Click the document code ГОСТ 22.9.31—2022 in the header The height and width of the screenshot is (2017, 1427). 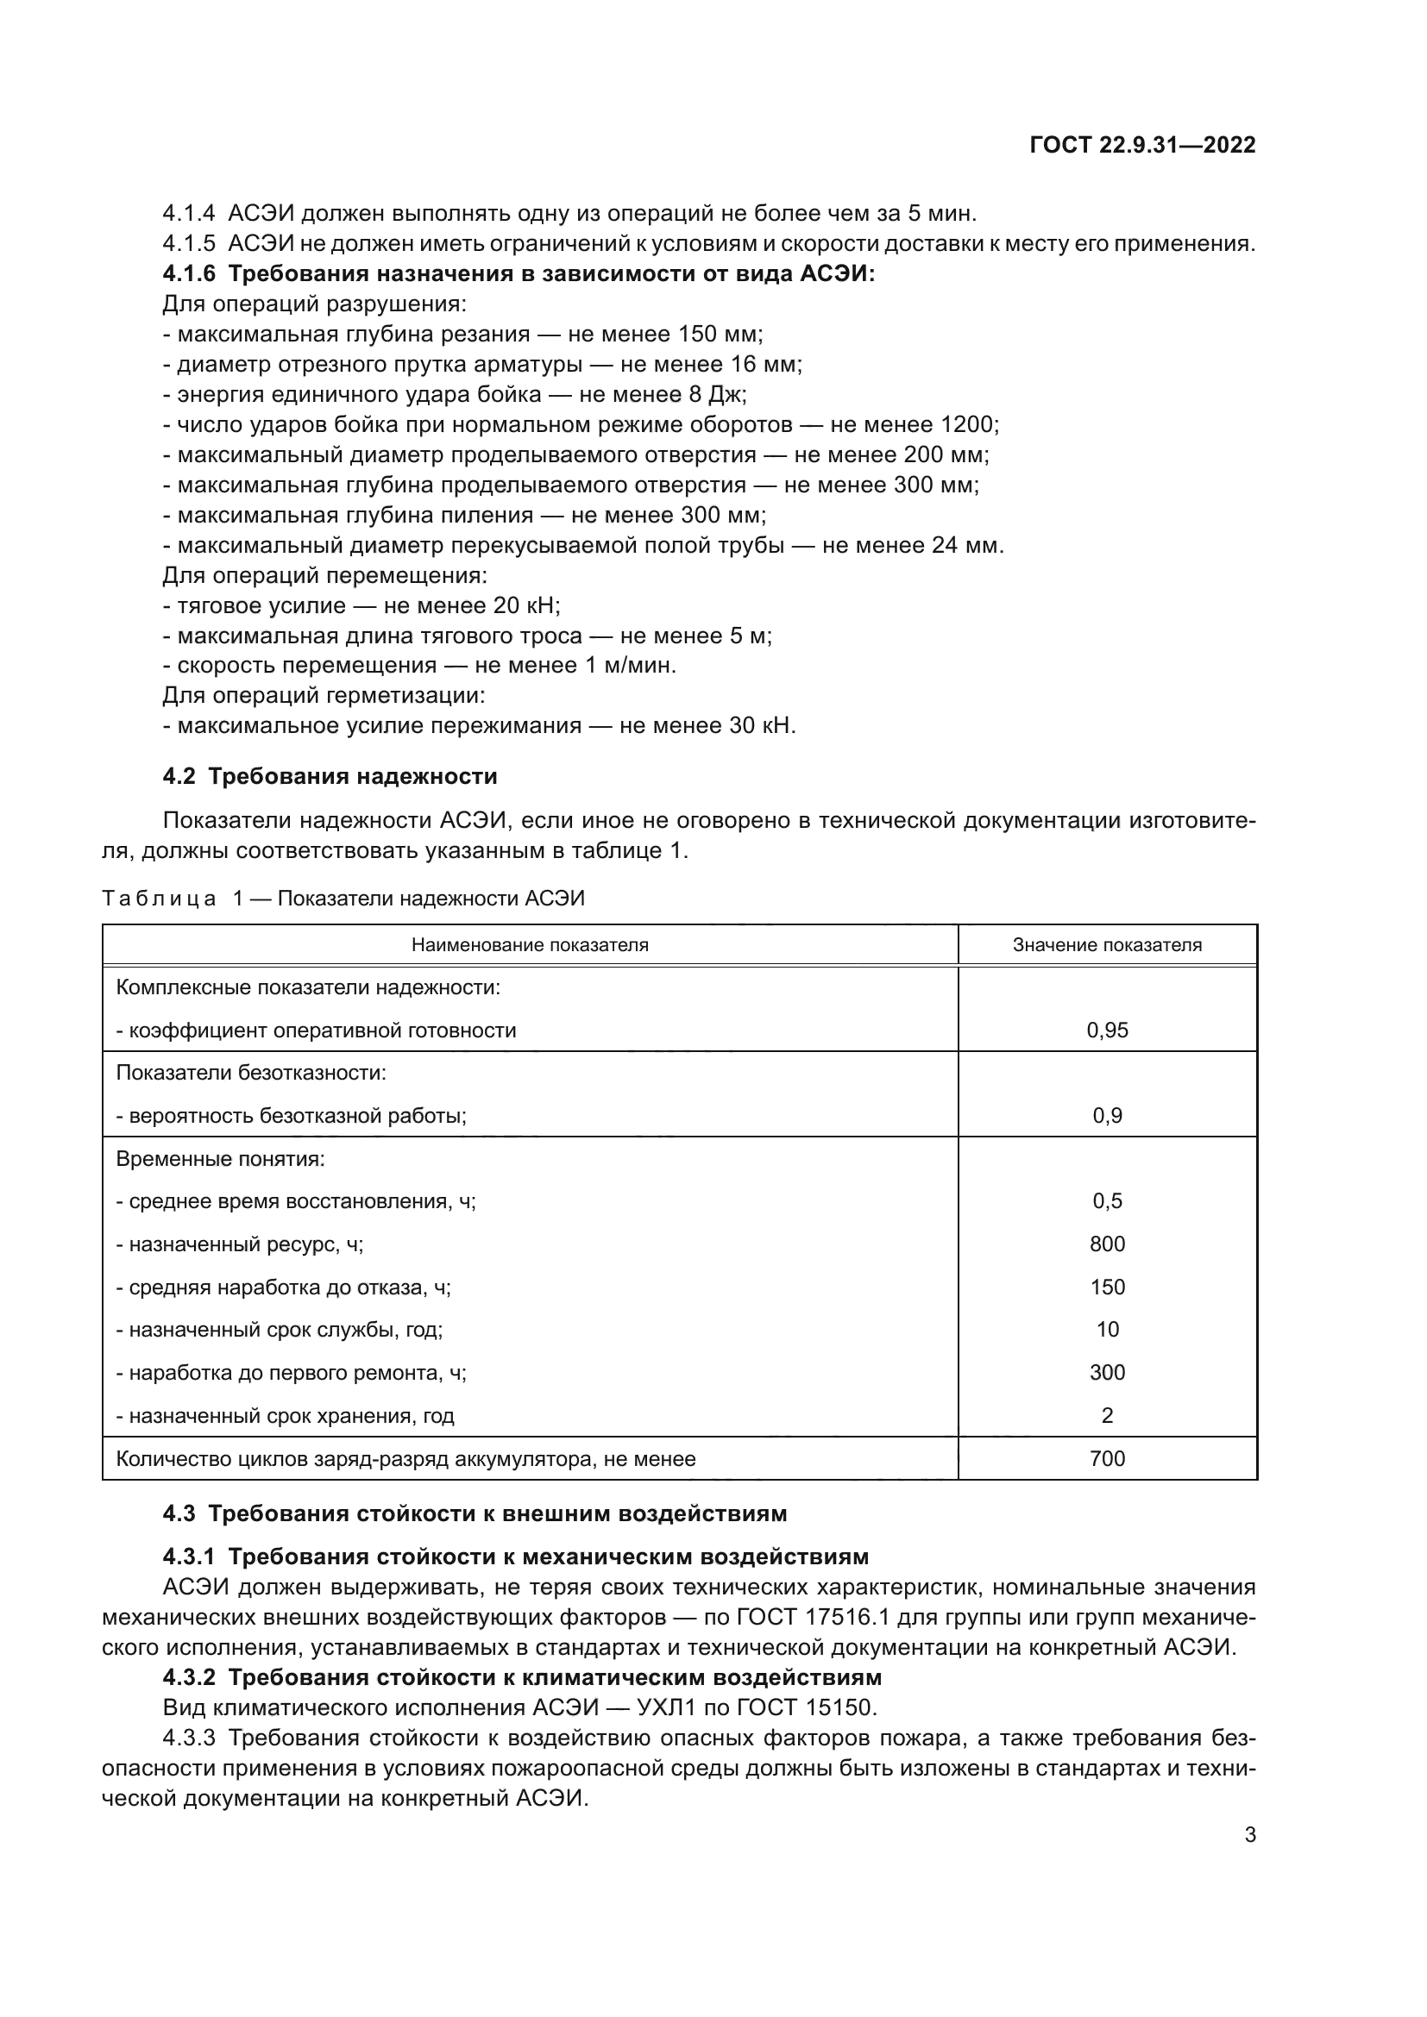tap(1141, 146)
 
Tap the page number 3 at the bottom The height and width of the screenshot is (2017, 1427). tap(1249, 1834)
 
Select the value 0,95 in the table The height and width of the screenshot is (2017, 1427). tap(1106, 1030)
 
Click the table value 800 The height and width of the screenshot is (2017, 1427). tap(1106, 1244)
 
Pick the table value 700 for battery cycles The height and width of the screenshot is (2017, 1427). tap(1106, 1458)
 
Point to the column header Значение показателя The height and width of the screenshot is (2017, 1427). tap(1106, 945)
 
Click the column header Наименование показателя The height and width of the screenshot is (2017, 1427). tap(530, 945)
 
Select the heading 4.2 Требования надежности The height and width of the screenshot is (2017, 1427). tap(330, 777)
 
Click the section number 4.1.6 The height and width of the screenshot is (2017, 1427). tap(189, 274)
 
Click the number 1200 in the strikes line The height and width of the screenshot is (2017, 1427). tap(966, 425)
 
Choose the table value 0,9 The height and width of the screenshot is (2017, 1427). tap(1106, 1116)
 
